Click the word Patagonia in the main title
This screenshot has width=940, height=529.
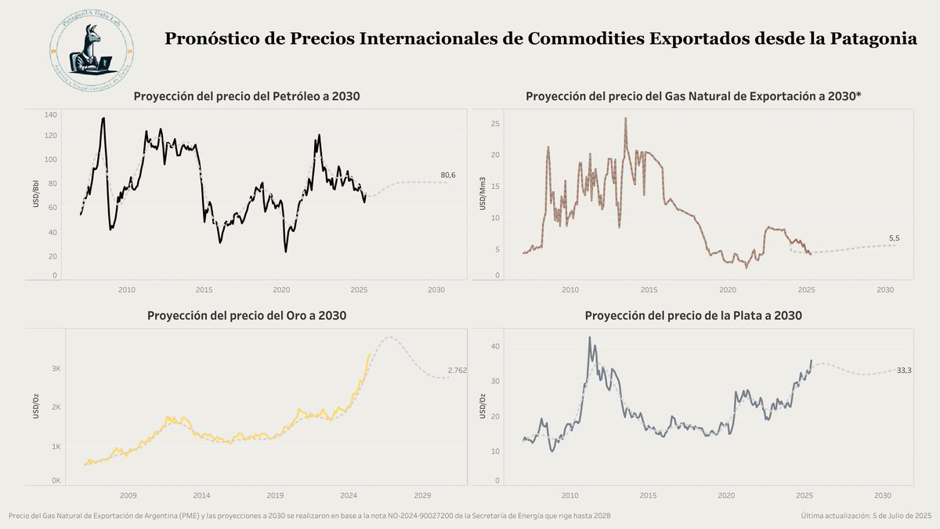coord(872,38)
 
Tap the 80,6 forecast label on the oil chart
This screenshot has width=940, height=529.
coord(448,175)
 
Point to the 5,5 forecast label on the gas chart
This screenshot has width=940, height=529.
coord(895,237)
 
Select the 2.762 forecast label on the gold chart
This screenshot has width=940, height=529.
coord(457,370)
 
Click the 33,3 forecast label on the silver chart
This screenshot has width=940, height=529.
coord(904,370)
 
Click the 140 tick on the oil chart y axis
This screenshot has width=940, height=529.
coord(51,115)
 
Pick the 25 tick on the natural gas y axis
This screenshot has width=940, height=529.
coord(495,124)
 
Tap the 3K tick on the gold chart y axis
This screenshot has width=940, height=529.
coord(56,368)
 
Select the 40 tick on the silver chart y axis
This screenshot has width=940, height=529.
coord(495,346)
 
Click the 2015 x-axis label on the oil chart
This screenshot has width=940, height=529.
coord(204,290)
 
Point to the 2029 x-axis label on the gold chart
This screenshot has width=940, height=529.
coord(422,495)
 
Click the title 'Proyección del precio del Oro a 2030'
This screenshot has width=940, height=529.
coord(247,316)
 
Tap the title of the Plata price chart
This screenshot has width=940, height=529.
coord(693,316)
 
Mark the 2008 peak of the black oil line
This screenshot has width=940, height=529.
coord(103,118)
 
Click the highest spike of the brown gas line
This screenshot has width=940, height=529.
coord(625,118)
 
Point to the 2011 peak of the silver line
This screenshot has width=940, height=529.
coord(589,338)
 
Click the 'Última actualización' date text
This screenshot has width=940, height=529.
coord(866,516)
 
